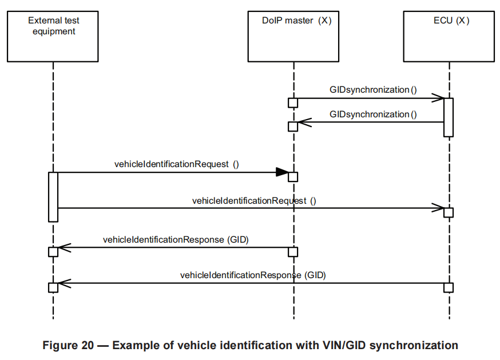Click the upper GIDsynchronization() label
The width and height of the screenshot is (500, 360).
coord(373,90)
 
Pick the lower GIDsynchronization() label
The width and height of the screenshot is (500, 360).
coord(373,114)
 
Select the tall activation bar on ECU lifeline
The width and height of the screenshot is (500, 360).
coord(449,117)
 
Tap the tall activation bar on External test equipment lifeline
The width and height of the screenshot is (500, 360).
coord(53,196)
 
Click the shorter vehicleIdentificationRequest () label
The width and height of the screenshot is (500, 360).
coord(176,164)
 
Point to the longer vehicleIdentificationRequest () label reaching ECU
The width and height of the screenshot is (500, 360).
coord(254,200)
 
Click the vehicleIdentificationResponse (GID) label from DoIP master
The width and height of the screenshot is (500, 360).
coord(176,239)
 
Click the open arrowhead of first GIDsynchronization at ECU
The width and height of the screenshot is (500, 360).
coord(439,98)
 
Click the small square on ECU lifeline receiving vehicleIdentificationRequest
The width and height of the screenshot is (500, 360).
coord(449,213)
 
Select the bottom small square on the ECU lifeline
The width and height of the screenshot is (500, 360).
coord(449,287)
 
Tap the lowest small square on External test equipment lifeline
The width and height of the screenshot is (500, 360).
coord(53,287)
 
